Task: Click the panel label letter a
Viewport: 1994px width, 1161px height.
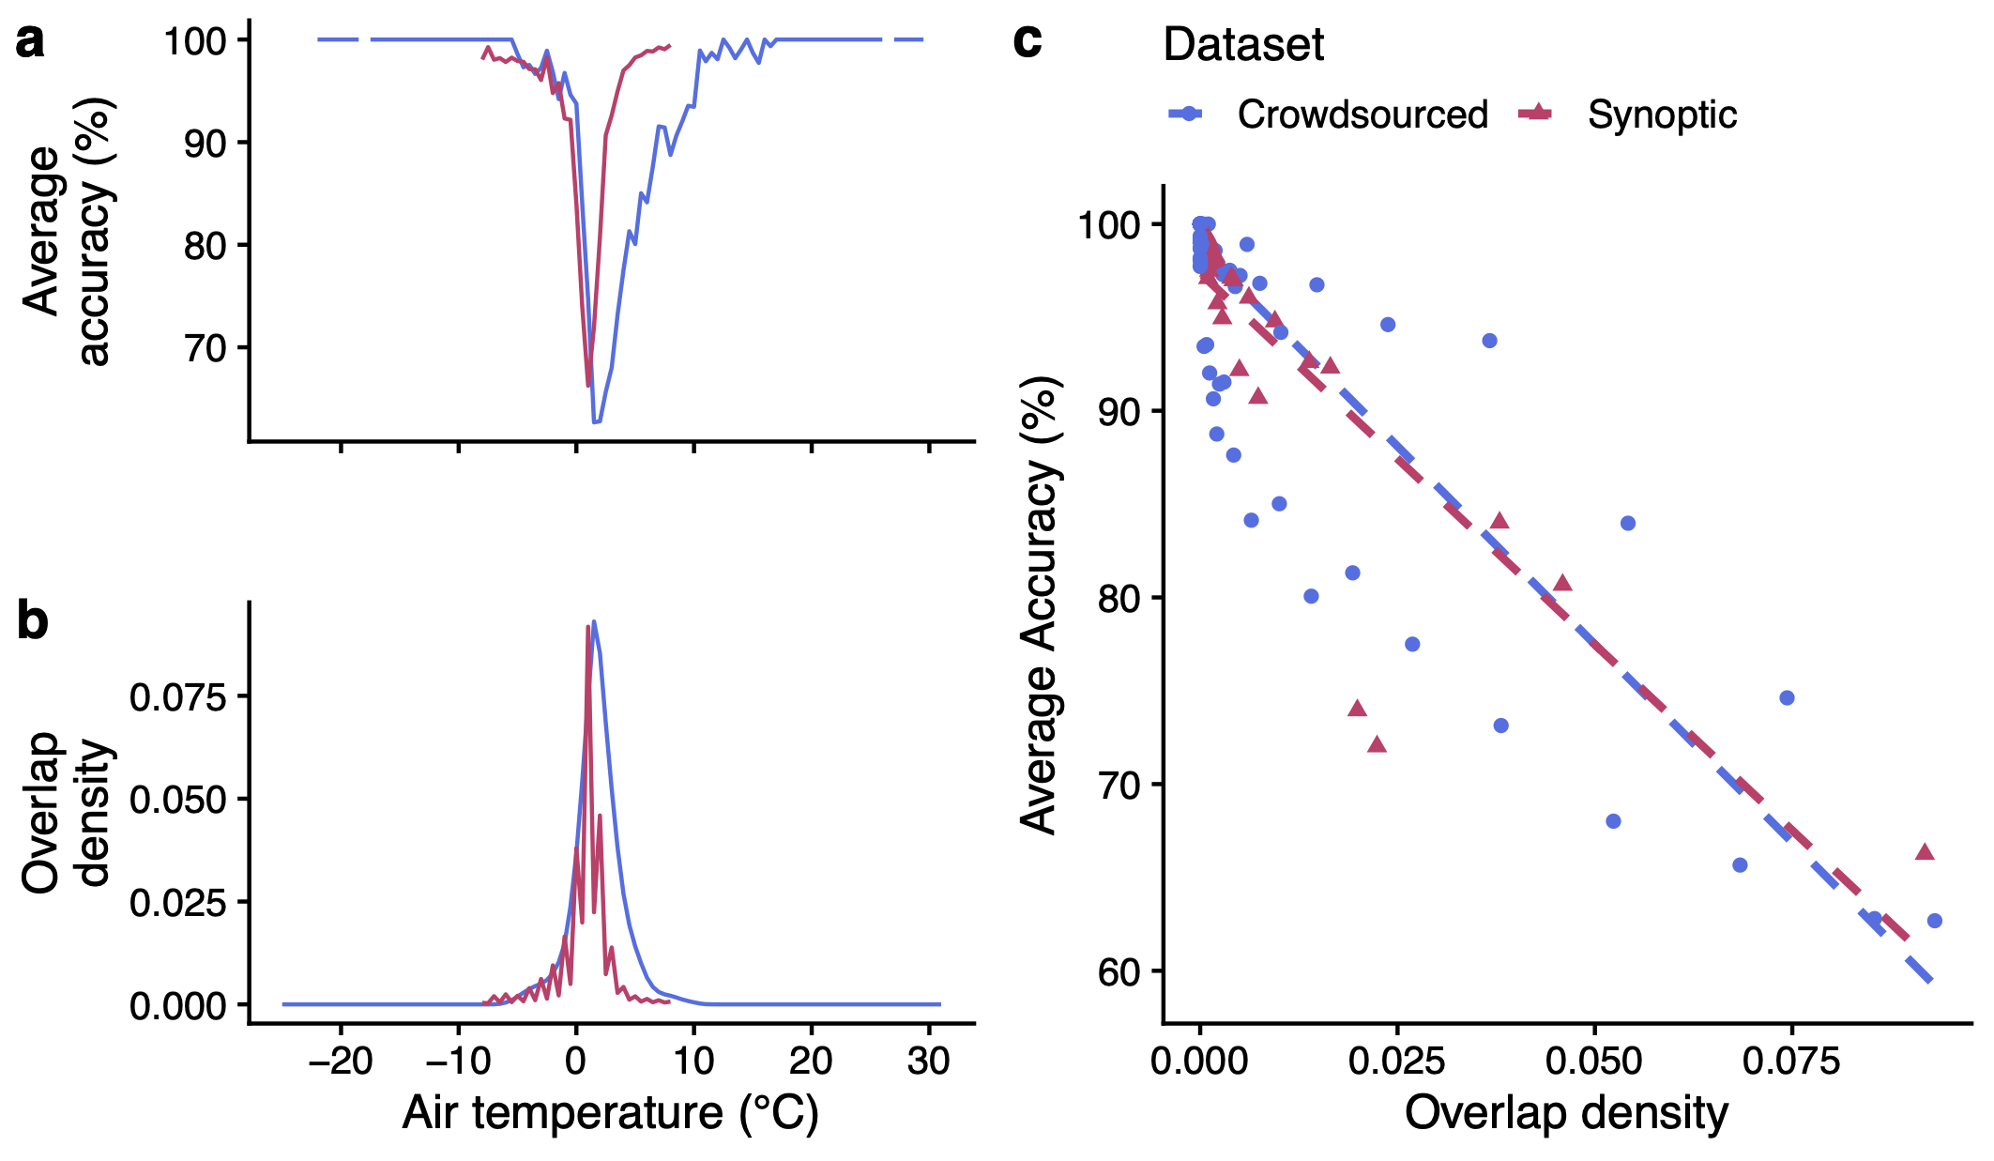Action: (30, 42)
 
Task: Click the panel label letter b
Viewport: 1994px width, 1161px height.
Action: (33, 621)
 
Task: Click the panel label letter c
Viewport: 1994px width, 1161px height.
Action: (1027, 42)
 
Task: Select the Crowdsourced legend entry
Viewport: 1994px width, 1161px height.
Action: (1362, 115)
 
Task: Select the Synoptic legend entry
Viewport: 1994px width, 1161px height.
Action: (1661, 115)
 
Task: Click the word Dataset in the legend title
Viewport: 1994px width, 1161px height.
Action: (1243, 45)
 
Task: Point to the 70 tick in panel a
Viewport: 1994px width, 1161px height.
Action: (205, 348)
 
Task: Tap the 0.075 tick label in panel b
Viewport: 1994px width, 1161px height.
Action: (178, 697)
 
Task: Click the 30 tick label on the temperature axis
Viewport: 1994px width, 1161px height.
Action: (928, 1062)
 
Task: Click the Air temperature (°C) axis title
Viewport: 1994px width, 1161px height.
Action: (610, 1114)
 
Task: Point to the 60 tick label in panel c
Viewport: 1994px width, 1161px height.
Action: (1119, 971)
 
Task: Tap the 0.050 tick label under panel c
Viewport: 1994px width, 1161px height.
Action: (1594, 1062)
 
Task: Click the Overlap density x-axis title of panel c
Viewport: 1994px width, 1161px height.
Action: (1566, 1114)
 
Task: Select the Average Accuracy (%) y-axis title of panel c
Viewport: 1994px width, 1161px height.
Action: (1039, 605)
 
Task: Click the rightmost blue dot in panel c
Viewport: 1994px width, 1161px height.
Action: (1934, 921)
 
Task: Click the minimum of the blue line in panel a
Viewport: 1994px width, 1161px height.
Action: (596, 422)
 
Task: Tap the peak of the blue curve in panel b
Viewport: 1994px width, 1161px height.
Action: (594, 621)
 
